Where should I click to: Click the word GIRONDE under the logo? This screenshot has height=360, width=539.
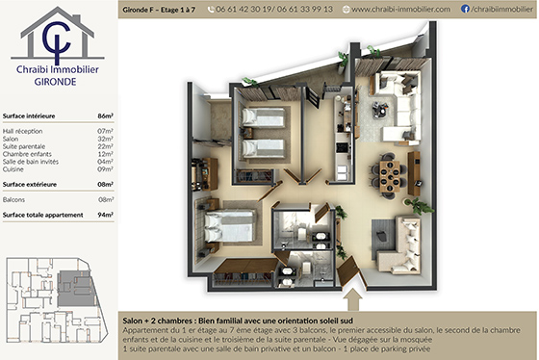[x=57, y=82]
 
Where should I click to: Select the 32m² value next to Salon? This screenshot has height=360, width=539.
[x=106, y=139]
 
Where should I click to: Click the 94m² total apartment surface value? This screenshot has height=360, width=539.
[x=106, y=215]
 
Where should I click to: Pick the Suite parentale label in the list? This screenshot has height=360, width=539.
[x=23, y=146]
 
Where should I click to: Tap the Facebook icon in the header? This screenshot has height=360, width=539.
[x=466, y=9]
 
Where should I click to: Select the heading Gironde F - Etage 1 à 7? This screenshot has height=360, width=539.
[x=160, y=9]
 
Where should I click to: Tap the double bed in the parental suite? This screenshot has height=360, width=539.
[x=228, y=227]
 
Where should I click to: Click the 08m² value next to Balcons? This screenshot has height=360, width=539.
[x=106, y=199]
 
